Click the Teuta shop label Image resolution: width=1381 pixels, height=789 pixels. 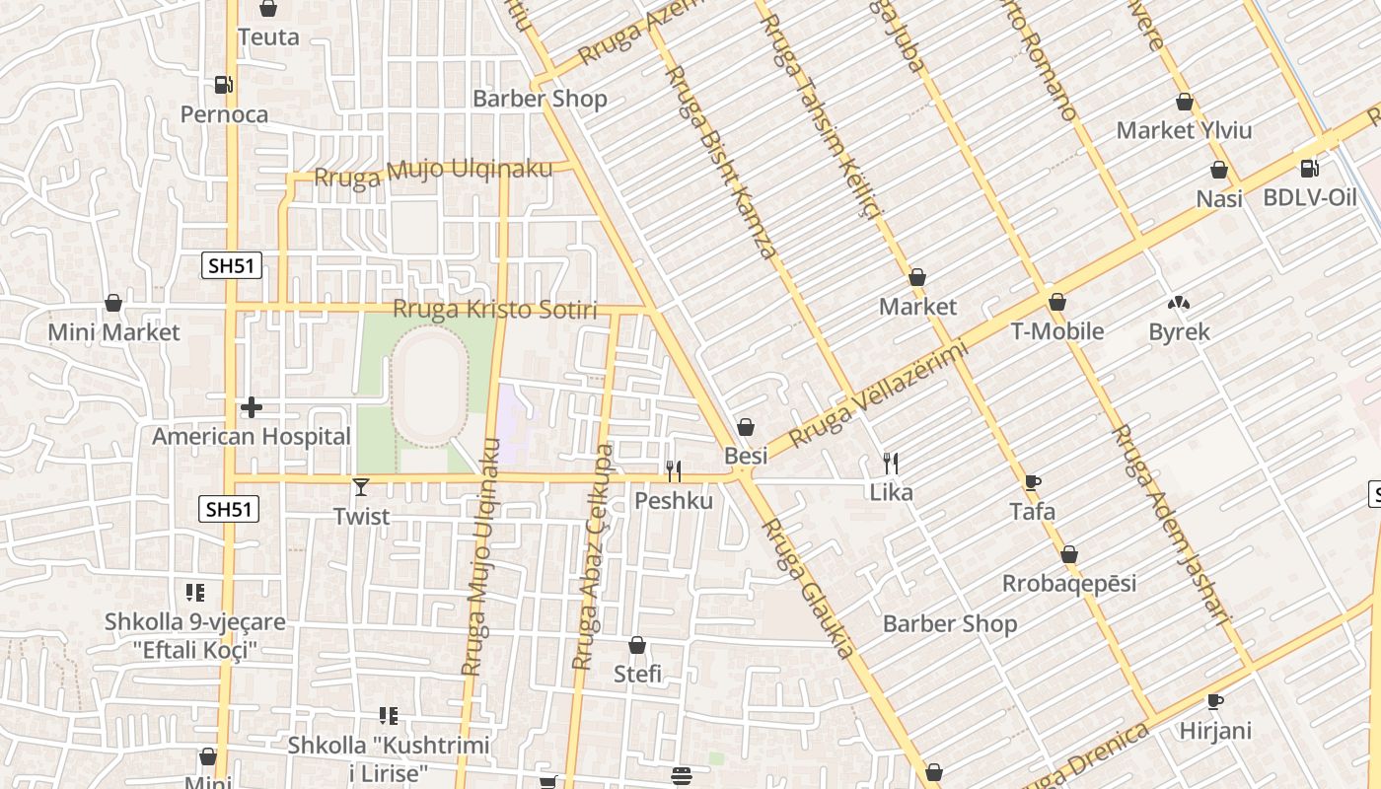tap(268, 37)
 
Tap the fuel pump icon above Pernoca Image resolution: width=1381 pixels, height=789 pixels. tap(224, 85)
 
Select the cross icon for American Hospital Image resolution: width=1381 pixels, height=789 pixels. tap(252, 406)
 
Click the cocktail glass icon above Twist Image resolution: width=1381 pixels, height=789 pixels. tap(361, 486)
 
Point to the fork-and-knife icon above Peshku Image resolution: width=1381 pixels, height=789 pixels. tap(673, 470)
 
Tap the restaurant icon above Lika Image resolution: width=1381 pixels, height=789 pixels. tap(891, 463)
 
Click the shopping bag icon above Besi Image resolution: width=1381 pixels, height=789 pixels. tap(746, 427)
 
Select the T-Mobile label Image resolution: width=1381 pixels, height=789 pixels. tap(1057, 331)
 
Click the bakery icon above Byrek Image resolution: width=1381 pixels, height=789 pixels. tap(1178, 303)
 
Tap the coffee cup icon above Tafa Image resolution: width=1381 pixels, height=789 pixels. tap(1033, 482)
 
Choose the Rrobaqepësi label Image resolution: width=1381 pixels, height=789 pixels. tap(1069, 583)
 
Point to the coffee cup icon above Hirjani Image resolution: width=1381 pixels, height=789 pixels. tap(1215, 701)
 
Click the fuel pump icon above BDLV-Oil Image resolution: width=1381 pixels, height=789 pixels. tap(1309, 169)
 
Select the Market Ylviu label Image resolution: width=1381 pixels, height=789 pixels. tap(1184, 130)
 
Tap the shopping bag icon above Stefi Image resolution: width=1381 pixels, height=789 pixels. tap(637, 645)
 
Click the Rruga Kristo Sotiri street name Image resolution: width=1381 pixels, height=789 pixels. tap(495, 310)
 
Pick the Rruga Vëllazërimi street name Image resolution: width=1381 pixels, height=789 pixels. tap(880, 392)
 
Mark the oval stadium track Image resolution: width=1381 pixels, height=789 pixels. tap(428, 388)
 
